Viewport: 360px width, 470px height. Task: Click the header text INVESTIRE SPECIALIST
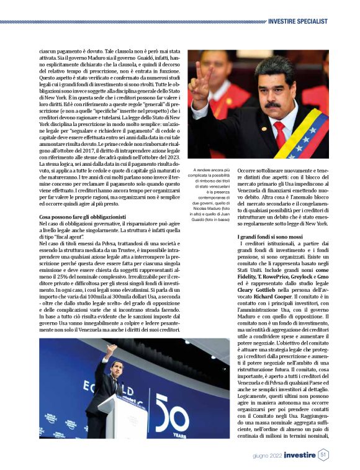click(298, 21)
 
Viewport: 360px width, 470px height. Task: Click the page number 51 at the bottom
click(324, 455)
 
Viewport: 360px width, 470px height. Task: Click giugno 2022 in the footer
click(267, 456)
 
